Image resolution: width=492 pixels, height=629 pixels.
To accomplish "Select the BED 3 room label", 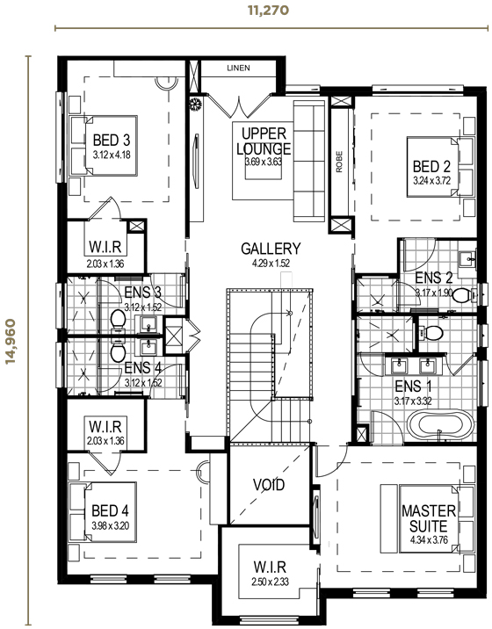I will [x=112, y=140].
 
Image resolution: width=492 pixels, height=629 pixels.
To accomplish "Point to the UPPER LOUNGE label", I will [x=262, y=141].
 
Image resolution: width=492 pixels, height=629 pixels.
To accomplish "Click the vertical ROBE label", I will [x=339, y=163].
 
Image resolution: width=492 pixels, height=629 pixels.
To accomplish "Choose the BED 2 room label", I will [x=431, y=167].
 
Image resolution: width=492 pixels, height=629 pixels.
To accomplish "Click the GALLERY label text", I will [x=271, y=249].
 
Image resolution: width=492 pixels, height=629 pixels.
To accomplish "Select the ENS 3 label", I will [x=141, y=293].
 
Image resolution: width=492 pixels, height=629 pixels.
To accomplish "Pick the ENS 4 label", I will [x=141, y=368].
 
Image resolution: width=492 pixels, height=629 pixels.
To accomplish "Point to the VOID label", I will [x=268, y=484].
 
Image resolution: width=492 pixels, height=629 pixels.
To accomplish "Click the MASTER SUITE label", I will [x=428, y=517].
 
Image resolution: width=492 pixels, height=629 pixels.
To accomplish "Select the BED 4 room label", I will [x=110, y=510].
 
